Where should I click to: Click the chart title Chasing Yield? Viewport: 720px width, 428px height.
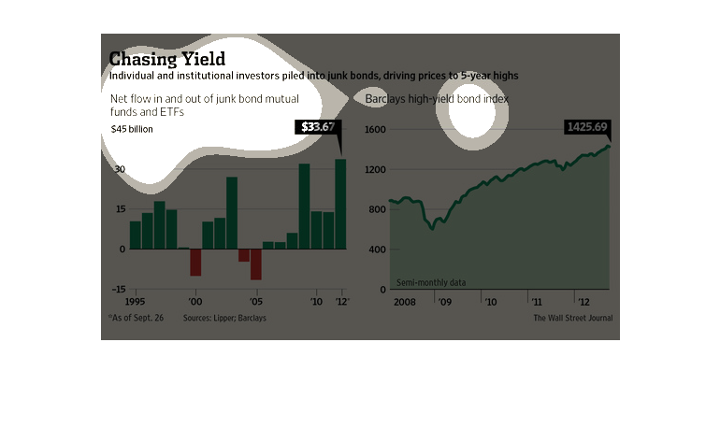(167, 59)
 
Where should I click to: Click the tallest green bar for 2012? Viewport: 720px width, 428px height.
(340, 204)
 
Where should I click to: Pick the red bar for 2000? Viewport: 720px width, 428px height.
(195, 262)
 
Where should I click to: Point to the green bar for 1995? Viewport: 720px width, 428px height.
(135, 235)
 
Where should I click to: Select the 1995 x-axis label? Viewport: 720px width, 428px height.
(134, 303)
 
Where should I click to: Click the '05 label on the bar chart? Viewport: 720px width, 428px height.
(256, 303)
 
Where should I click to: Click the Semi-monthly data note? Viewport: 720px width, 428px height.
(431, 281)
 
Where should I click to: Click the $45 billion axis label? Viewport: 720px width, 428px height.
(132, 129)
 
